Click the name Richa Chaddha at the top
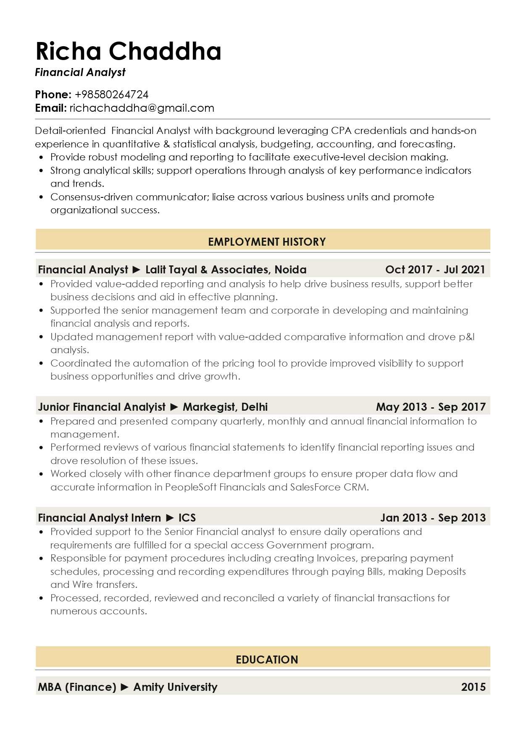[128, 51]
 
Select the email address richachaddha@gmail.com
[142, 108]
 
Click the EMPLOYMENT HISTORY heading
[267, 242]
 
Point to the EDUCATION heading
[267, 659]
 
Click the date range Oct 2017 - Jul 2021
[435, 270]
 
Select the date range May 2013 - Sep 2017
[431, 407]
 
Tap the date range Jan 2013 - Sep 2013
[433, 518]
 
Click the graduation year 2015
[473, 687]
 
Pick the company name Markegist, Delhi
[225, 407]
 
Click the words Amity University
[175, 687]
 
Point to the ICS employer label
[187, 518]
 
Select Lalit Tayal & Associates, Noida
[226, 270]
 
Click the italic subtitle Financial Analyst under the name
[80, 73]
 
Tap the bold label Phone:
[53, 94]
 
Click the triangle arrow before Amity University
[125, 687]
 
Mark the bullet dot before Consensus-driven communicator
[41, 197]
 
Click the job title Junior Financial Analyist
[102, 407]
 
